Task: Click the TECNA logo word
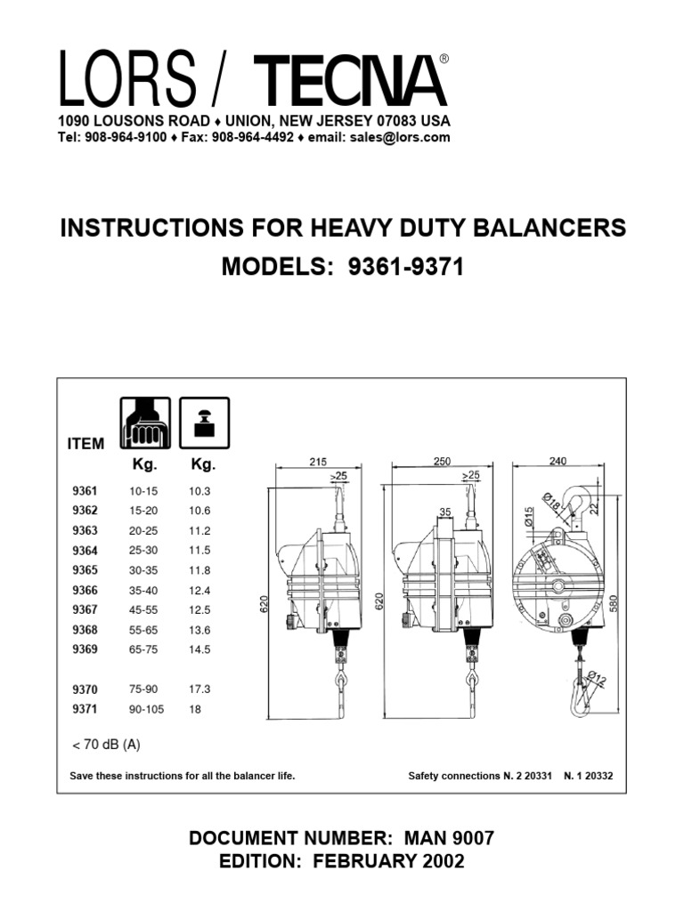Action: click(350, 81)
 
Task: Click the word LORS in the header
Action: click(126, 79)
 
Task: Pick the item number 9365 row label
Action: click(85, 570)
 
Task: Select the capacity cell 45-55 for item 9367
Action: click(142, 609)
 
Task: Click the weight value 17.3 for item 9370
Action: click(199, 689)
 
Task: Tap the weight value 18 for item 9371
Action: click(195, 709)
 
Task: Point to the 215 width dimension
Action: click(318, 462)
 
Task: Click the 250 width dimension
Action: click(443, 462)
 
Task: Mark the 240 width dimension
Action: click(558, 462)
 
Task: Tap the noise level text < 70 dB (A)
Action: click(105, 744)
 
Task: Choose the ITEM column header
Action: click(86, 444)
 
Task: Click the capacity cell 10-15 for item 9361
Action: click(142, 491)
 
